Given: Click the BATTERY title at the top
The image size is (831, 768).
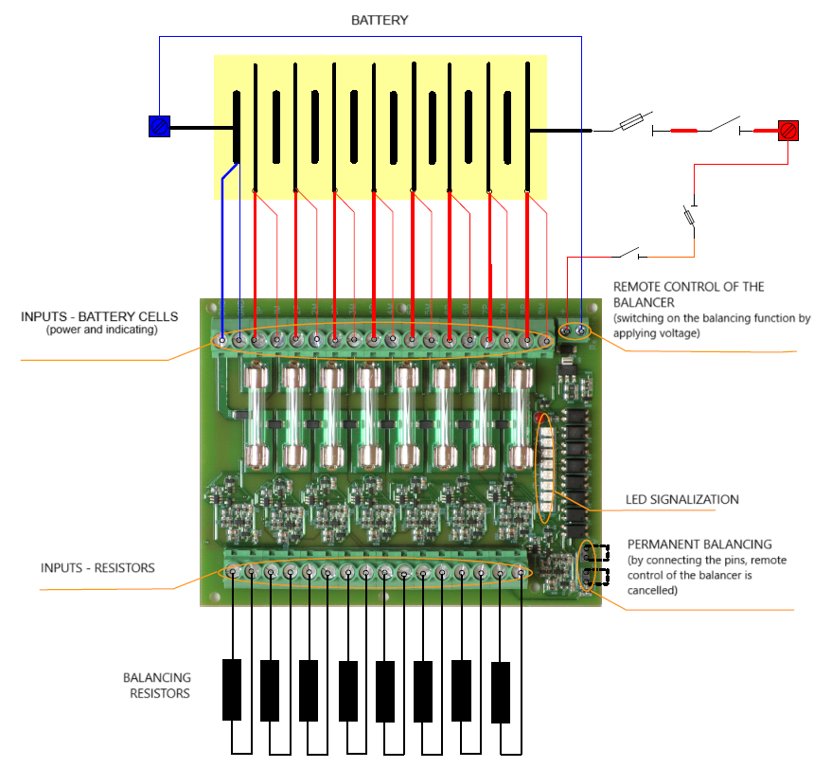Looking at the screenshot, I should coord(380,20).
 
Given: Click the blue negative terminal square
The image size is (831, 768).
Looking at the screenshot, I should coord(159,126).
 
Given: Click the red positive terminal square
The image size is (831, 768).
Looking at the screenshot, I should coord(788,131).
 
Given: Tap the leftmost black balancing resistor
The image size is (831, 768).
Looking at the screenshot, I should coord(232,689).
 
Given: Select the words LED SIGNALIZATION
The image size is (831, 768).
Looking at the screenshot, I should coord(682,500).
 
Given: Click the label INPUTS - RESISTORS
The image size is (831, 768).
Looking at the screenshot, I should coord(97,568).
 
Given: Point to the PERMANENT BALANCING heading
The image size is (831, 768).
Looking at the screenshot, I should coord(699,545).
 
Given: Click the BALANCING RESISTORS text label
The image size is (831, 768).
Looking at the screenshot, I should coord(157,686).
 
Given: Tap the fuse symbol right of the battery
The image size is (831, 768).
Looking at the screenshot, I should coord(633,122).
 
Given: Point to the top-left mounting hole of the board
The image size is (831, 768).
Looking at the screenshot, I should coord(211,309).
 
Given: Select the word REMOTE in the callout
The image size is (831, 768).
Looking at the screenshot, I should coord(639,287).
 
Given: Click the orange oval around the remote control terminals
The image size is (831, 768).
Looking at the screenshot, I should coord(574,331).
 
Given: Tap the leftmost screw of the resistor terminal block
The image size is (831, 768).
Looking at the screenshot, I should coord(233,572).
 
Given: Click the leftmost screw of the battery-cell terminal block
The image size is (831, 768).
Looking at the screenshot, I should coord(221,339).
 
